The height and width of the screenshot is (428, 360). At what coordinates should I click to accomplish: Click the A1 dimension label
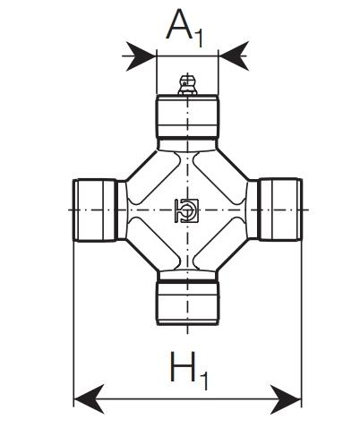pos(184,29)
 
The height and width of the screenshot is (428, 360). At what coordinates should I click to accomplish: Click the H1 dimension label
pos(189,371)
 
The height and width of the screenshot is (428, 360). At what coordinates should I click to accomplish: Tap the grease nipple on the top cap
pos(187,85)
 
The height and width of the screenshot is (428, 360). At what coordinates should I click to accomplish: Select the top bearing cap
pos(187,116)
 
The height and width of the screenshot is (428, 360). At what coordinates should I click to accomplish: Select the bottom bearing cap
pos(187,303)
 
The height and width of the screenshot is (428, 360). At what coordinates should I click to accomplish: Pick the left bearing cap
pos(94,210)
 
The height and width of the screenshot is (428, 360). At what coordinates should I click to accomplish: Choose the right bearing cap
pos(281,210)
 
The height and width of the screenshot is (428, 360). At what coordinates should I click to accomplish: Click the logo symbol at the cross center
pos(186,210)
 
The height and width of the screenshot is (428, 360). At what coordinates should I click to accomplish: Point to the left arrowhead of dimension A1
pos(140,56)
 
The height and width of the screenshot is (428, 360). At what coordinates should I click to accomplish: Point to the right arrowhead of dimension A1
pos(234,56)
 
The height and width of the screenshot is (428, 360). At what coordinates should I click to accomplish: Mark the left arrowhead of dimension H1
pos(89,398)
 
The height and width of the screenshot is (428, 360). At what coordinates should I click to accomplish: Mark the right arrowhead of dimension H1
pos(286,398)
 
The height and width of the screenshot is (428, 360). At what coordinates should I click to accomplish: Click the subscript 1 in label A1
pos(199,39)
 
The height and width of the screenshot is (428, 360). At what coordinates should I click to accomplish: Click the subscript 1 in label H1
pos(203,381)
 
